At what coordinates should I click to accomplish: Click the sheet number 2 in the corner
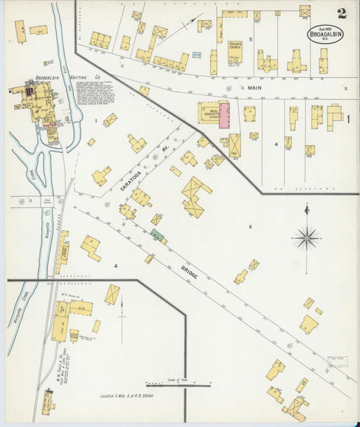(x=342, y=14)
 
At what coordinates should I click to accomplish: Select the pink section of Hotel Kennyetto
(x=224, y=113)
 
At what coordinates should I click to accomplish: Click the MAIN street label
(x=253, y=86)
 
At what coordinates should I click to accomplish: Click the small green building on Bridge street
(x=157, y=235)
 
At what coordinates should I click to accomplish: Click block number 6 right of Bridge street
(x=250, y=226)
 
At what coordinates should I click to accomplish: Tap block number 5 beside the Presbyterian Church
(x=250, y=40)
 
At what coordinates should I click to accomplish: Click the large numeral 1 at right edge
(x=349, y=120)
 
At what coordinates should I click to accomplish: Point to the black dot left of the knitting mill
(x=11, y=89)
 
